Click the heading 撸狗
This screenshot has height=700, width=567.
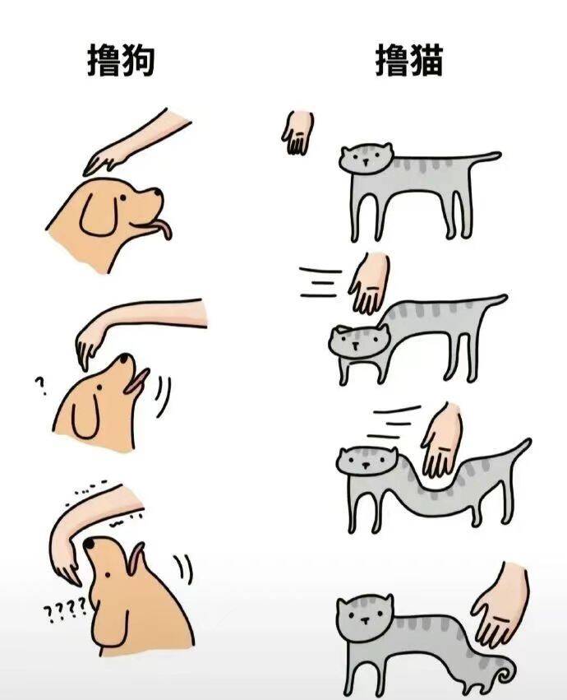[x=121, y=60]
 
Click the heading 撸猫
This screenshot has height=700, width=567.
[x=408, y=60]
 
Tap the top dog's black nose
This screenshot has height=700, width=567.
[x=158, y=192]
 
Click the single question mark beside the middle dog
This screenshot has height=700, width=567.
[x=41, y=386]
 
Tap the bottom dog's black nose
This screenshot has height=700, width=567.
[x=90, y=544]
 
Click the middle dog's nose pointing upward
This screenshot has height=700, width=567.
[x=124, y=358]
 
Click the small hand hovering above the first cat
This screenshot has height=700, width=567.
[x=297, y=132]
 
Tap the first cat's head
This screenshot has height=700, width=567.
[x=366, y=159]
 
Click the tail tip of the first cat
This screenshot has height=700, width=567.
[x=496, y=155]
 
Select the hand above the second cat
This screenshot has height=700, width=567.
[x=370, y=284]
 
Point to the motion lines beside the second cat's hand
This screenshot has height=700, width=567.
[x=320, y=282]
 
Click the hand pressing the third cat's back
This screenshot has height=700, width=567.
[x=441, y=440]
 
